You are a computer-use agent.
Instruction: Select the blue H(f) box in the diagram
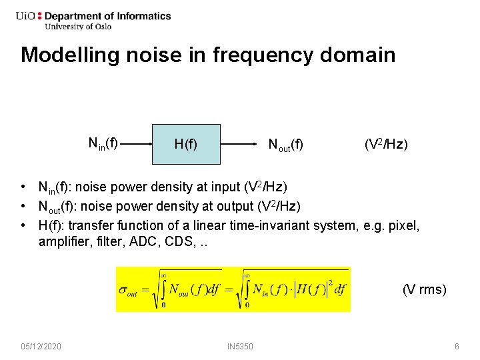click(x=185, y=144)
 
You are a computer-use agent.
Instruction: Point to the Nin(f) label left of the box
click(x=103, y=143)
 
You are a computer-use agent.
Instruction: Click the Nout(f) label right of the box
click(x=285, y=144)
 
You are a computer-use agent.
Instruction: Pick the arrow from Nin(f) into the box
click(x=136, y=143)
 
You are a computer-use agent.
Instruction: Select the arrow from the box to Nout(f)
click(x=240, y=143)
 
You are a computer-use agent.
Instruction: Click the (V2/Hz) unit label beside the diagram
click(x=386, y=144)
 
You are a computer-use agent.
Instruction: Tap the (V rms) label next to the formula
click(x=424, y=289)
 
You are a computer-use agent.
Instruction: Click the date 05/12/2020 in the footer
click(x=41, y=347)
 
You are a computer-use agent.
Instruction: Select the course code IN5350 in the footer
click(x=240, y=347)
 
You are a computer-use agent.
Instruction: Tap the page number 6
click(x=457, y=347)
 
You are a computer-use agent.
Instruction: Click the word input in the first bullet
click(x=221, y=187)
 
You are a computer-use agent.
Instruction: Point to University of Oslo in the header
click(x=77, y=27)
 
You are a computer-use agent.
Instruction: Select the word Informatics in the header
click(x=141, y=16)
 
